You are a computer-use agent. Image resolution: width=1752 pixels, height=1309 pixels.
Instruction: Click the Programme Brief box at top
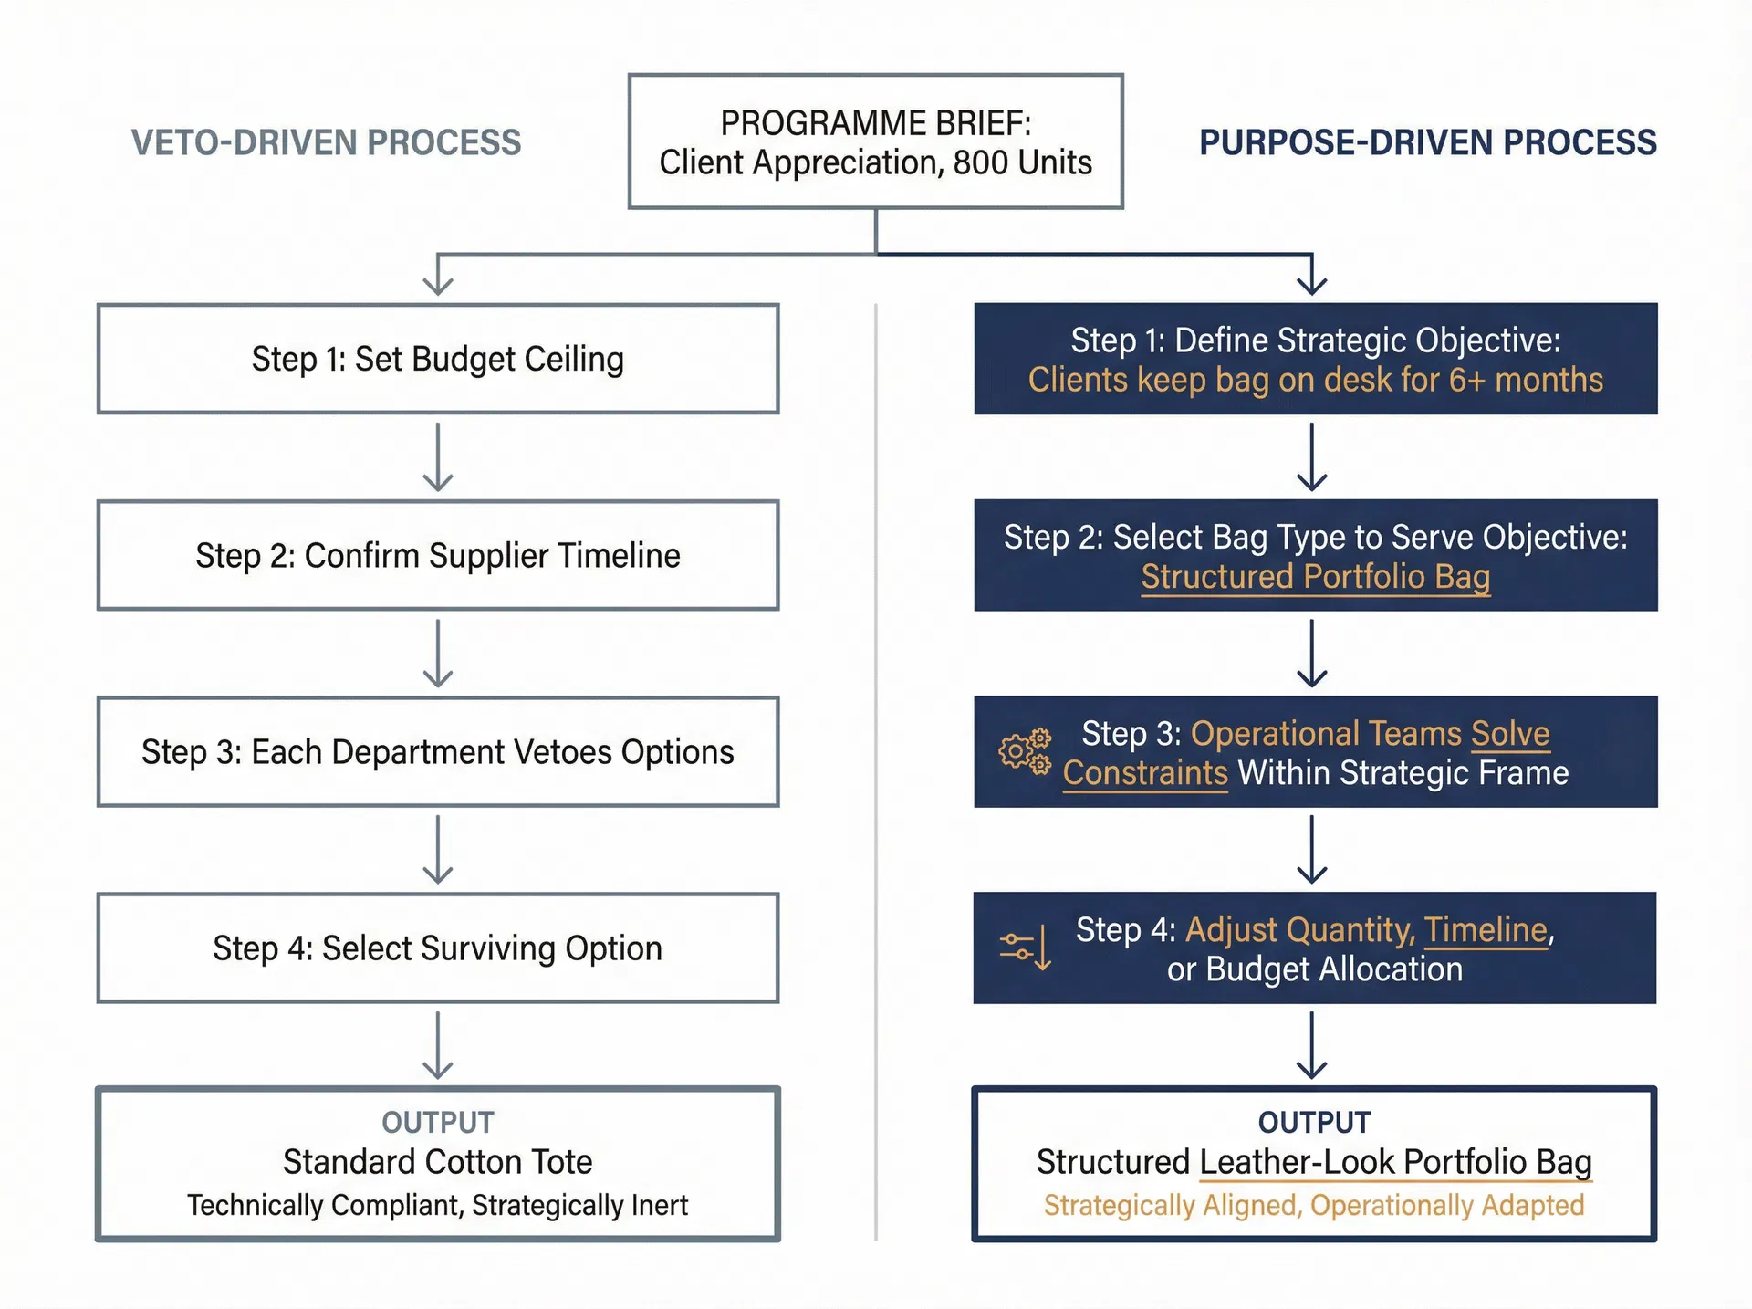875,141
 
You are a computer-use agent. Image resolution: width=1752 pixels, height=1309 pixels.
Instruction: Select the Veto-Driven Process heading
326,143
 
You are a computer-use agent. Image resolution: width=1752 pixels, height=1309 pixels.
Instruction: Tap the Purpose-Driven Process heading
1427,143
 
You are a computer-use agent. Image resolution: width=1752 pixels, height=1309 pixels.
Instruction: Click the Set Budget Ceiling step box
438,359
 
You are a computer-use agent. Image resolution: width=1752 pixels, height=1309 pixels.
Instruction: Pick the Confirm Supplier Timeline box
438,555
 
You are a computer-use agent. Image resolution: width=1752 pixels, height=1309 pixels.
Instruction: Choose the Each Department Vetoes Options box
438,752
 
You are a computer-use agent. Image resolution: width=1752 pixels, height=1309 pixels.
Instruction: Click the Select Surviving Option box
438,948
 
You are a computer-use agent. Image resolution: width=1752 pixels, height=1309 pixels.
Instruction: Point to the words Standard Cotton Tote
437,1162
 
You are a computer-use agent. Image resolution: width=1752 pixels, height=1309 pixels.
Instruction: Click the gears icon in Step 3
1025,752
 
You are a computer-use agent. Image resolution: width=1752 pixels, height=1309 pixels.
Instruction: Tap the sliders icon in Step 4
1026,948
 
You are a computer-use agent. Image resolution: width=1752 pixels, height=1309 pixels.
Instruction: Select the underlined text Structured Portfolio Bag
1315,577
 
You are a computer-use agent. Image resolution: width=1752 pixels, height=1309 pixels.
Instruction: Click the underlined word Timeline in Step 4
1486,930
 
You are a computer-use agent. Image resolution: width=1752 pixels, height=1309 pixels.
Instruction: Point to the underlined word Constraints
1145,773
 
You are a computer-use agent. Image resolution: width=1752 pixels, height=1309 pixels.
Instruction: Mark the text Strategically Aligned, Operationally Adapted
1313,1205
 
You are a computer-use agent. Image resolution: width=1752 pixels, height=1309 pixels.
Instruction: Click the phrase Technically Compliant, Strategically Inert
437,1205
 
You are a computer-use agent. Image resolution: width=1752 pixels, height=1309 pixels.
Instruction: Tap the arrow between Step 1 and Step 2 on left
438,456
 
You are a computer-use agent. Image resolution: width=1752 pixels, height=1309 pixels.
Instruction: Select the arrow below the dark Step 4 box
1311,1045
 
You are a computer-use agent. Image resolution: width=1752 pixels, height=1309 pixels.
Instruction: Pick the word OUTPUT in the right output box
1314,1122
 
